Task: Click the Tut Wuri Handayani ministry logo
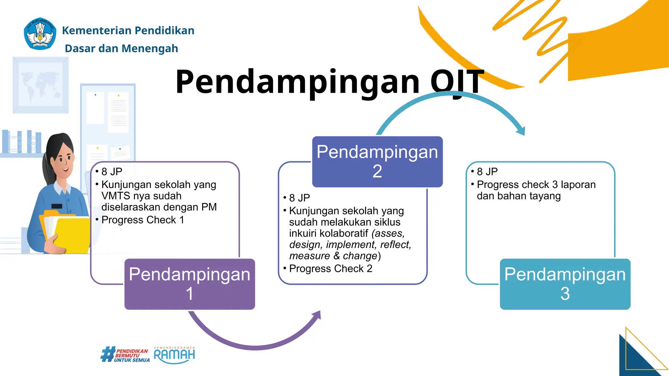click(40, 34)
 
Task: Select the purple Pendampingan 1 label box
click(189, 284)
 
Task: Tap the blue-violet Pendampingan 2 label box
click(377, 162)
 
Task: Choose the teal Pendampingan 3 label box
click(565, 284)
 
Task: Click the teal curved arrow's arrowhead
click(521, 131)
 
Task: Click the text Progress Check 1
click(143, 220)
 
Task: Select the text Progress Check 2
click(331, 269)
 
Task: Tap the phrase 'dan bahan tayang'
click(518, 196)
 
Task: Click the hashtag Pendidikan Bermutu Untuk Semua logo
click(125, 355)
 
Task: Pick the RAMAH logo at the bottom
click(174, 355)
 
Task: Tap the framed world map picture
click(41, 85)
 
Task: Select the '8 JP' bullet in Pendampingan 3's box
click(487, 172)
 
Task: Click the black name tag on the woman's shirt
click(57, 206)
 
